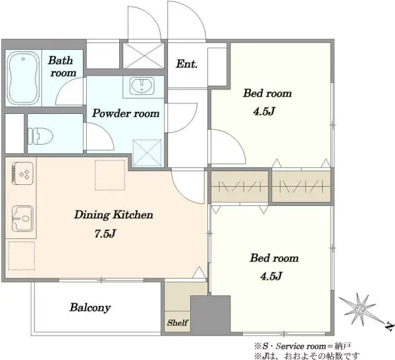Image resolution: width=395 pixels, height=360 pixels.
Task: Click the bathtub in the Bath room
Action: pos(24,78)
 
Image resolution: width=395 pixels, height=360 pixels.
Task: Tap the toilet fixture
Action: pos(40,136)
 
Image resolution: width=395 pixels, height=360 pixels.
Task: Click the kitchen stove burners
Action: pos(22,174)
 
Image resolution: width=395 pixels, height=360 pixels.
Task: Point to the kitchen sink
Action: pos(22,219)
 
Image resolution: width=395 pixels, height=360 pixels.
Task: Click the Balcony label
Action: pos(90,307)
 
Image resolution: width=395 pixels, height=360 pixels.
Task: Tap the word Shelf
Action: pos(177,322)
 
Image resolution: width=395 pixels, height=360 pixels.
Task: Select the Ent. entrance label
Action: pos(187,64)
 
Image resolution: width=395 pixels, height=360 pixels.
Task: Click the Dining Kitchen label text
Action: pos(114,215)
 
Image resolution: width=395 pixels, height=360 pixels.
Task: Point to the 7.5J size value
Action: pos(105,234)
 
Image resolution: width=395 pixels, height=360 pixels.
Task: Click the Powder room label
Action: pos(126,113)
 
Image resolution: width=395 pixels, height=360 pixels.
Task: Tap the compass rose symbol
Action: pos(359,309)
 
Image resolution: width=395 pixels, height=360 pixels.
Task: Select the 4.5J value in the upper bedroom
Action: pos(263,111)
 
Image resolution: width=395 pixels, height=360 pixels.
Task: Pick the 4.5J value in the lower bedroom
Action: pos(271,276)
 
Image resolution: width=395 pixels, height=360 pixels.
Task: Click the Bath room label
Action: pos(62,66)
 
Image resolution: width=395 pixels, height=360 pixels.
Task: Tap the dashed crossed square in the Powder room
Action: pos(147,153)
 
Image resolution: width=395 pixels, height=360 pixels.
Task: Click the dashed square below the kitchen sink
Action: pos(22,255)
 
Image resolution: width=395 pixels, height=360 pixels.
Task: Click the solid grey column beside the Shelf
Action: pos(211,314)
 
